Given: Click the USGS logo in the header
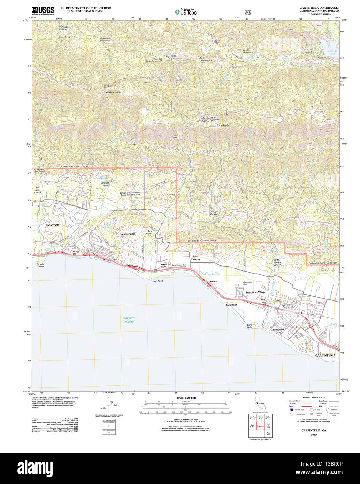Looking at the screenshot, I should click(43, 10).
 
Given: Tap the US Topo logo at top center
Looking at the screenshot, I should click(186, 13).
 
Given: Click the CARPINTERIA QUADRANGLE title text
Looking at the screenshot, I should click(319, 8).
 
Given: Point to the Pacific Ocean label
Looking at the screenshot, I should click(129, 320).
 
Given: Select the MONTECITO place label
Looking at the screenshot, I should click(54, 225).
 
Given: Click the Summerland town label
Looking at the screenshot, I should click(127, 234).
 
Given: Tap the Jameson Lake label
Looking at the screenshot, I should click(332, 52).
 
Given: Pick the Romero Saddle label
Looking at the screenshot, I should click(113, 92).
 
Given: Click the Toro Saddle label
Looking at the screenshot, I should click(223, 125).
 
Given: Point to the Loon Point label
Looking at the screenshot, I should click(158, 281).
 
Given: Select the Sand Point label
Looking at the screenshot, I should click(250, 326).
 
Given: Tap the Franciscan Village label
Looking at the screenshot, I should click(255, 292).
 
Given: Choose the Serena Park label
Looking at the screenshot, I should click(163, 265).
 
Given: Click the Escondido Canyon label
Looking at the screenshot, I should click(171, 57).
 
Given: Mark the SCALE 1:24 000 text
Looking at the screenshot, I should click(185, 398).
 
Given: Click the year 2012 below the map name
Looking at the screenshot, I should click(314, 435).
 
